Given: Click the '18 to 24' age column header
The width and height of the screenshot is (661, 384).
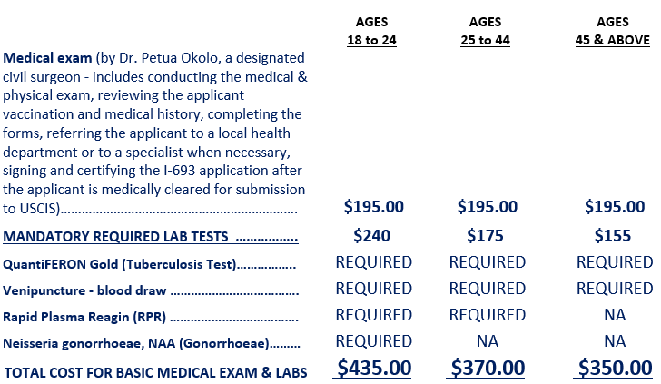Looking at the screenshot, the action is pos(373,40).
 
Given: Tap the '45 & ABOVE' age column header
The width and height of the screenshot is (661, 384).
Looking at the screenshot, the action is pos(613,40).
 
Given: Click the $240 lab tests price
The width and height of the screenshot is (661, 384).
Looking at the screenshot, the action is pos(373,236).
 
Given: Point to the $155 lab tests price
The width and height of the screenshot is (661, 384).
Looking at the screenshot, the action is pos(614,236).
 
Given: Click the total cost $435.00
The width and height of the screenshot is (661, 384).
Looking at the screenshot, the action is pos(373,368).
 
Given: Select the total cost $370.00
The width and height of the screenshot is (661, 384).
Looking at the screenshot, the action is pos(487,368).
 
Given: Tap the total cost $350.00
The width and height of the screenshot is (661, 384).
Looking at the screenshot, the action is pos(614,368).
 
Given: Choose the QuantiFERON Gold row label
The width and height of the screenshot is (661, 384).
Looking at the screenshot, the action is pos(119,265).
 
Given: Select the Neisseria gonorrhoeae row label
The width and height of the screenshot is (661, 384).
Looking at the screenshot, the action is pos(135,344).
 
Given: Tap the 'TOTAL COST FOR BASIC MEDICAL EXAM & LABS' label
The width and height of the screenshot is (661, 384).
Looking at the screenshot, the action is pos(155,372).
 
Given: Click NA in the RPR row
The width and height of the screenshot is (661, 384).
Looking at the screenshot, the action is pos(614,315).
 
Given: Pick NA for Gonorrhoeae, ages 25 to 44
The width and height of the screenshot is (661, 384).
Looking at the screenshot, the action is pos(487,341).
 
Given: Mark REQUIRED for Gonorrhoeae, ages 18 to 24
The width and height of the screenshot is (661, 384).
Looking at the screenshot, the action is pos(373,341).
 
